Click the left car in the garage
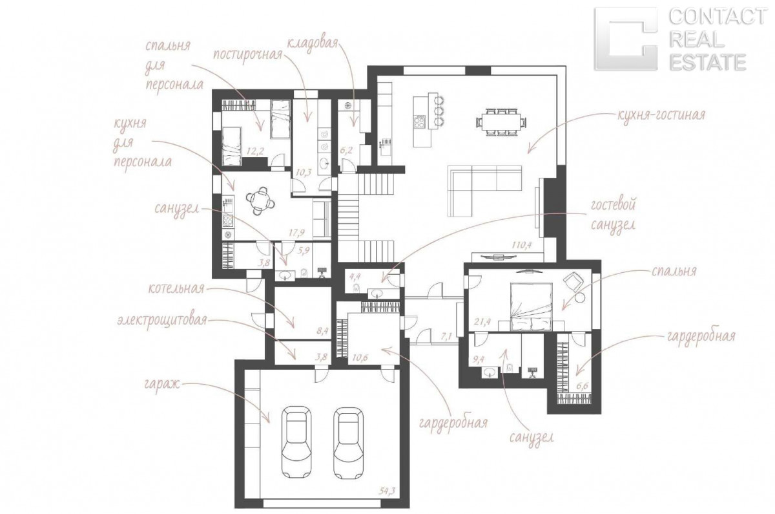296,443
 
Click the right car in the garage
348,443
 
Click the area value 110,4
522,245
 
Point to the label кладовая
312,45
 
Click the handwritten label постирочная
247,56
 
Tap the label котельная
176,288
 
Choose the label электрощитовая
162,320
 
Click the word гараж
163,384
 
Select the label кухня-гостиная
661,115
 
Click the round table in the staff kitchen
260,200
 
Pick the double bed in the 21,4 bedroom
531,307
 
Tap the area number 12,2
255,151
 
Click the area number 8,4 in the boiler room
322,331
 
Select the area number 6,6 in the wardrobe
583,386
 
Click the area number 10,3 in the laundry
304,172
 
